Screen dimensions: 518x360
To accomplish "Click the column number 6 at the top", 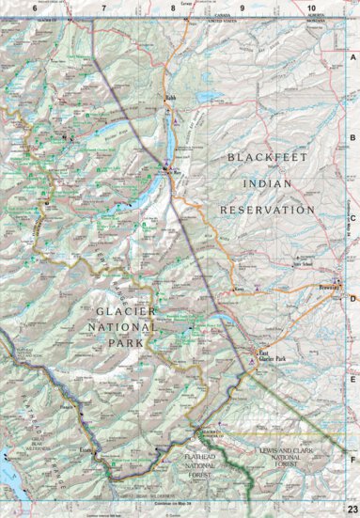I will pyautogui.click(x=35, y=8).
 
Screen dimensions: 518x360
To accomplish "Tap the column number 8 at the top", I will pyautogui.click(x=173, y=8).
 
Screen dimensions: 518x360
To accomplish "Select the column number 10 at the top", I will pyautogui.click(x=311, y=8).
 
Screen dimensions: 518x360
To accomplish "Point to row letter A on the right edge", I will pyautogui.click(x=353, y=57).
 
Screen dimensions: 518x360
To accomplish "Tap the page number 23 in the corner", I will pyautogui.click(x=351, y=509).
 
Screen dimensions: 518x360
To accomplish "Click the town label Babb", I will pyautogui.click(x=170, y=97).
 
